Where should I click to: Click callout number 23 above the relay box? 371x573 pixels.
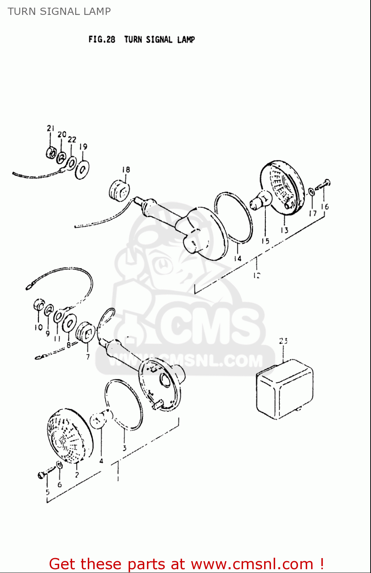pos(283,341)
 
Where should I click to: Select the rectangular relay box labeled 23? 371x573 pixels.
pos(285,389)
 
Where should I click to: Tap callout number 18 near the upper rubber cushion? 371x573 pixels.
pos(126,170)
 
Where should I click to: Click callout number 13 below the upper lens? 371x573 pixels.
pos(284,230)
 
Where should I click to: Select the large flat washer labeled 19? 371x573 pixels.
pos(82,169)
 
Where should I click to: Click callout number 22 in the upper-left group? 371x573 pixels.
pos(72,140)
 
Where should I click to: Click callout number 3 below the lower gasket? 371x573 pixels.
pos(124,448)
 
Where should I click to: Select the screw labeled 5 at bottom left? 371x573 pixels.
pos(43,475)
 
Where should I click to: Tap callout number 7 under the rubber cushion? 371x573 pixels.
pos(88,357)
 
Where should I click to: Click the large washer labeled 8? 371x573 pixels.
pos(69,324)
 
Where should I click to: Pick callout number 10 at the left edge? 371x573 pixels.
pos(39,327)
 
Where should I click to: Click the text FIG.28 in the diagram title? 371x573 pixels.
pos(102,39)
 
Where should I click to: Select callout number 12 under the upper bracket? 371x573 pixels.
pos(256,275)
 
